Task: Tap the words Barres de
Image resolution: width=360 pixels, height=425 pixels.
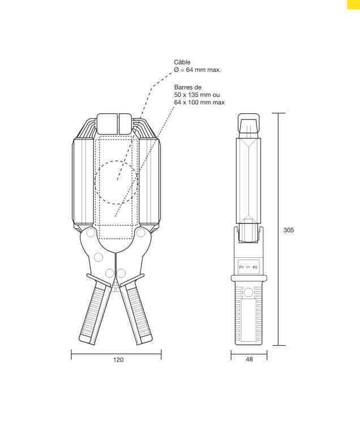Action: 188,88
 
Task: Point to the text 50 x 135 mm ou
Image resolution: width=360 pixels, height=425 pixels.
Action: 196,95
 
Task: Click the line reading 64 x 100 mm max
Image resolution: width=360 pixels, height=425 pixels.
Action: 199,103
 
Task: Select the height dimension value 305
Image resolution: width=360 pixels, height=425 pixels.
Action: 288,231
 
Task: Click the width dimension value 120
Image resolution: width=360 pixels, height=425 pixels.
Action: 118,360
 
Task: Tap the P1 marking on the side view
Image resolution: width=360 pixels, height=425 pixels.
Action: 241,266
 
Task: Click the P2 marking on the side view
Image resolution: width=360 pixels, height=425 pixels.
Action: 255,266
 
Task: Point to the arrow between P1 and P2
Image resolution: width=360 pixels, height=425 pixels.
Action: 248,266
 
